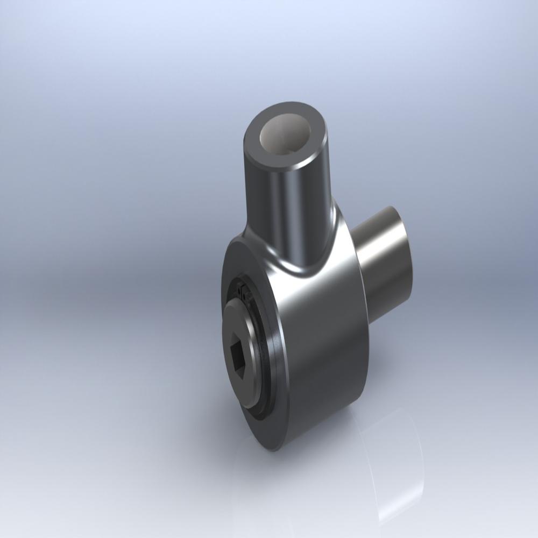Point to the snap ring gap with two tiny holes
pyautogui.click(x=245, y=293)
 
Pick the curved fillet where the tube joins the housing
pyautogui.click(x=301, y=266)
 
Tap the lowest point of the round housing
pyautogui.click(x=274, y=450)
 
